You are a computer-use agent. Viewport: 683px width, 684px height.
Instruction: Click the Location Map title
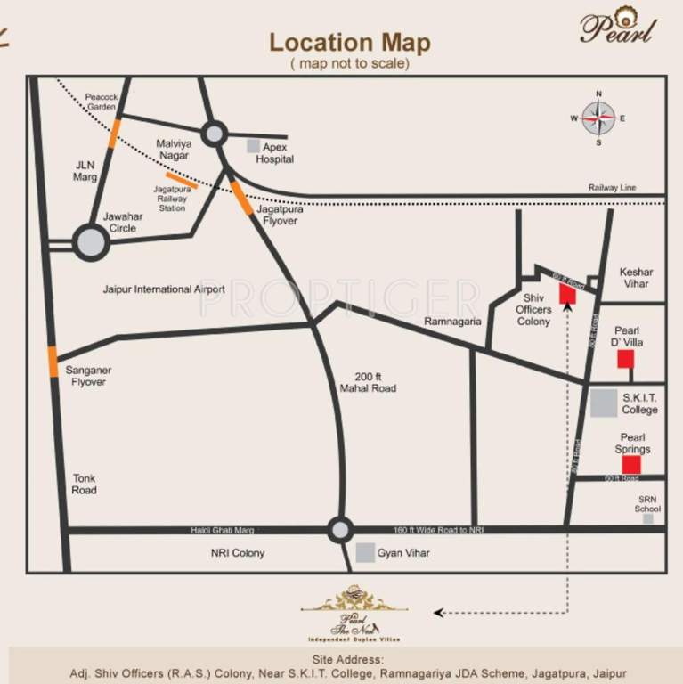pyautogui.click(x=349, y=42)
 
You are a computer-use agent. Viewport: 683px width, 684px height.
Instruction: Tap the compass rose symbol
pyautogui.click(x=598, y=118)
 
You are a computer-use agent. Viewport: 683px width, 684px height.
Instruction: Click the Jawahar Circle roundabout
pyautogui.click(x=91, y=242)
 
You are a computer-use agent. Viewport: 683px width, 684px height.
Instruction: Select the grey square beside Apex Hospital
pyautogui.click(x=254, y=145)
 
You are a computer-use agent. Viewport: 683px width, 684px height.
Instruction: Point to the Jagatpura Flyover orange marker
pyautogui.click(x=242, y=197)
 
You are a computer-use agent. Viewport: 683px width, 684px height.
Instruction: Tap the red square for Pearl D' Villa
pyautogui.click(x=626, y=358)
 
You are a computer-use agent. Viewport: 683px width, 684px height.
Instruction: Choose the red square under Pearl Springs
pyautogui.click(x=631, y=464)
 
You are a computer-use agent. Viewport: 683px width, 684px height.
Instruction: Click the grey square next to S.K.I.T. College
pyautogui.click(x=604, y=403)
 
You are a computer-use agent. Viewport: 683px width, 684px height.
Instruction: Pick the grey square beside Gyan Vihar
pyautogui.click(x=365, y=553)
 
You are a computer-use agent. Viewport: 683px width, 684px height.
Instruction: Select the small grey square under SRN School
pyautogui.click(x=648, y=518)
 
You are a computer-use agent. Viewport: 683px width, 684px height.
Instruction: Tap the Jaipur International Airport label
pyautogui.click(x=164, y=289)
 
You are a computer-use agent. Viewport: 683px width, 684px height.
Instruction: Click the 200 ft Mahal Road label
pyautogui.click(x=368, y=382)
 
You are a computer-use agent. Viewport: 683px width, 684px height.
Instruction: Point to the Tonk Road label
pyautogui.click(x=85, y=484)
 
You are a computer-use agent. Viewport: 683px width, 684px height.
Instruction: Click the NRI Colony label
pyautogui.click(x=238, y=553)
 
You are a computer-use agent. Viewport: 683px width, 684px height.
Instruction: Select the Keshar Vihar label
pyautogui.click(x=636, y=278)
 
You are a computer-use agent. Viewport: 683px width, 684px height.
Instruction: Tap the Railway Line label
pyautogui.click(x=625, y=188)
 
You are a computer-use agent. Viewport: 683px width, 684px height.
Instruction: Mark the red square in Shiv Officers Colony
pyautogui.click(x=567, y=296)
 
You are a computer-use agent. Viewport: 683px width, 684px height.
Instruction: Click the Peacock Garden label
pyautogui.click(x=102, y=101)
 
